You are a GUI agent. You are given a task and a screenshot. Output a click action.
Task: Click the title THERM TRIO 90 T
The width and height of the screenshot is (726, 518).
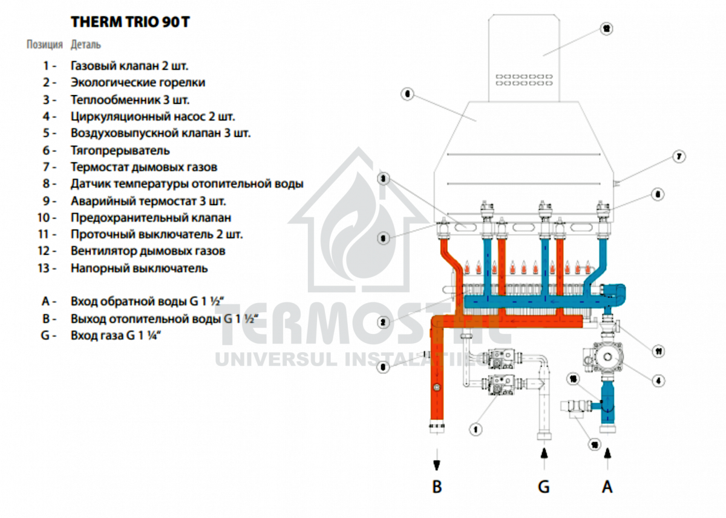[131, 22]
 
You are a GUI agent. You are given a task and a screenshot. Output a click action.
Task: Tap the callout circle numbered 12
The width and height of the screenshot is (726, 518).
[606, 28]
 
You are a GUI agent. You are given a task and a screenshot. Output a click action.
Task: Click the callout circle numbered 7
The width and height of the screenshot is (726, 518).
[679, 157]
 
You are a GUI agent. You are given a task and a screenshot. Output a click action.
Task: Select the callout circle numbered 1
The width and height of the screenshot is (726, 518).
[476, 429]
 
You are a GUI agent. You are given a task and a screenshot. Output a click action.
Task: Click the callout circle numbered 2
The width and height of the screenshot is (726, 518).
[383, 323]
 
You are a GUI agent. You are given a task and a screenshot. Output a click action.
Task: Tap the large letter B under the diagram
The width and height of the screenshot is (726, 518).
[437, 486]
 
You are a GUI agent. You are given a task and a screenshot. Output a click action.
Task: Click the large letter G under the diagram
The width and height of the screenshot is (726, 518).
[544, 486]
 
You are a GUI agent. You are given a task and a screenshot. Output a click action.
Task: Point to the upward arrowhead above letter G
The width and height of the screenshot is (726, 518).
[544, 451]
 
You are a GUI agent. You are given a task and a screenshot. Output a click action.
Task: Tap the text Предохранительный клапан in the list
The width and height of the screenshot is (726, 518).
[151, 217]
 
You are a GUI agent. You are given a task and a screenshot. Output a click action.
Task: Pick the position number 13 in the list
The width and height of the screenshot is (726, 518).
[47, 267]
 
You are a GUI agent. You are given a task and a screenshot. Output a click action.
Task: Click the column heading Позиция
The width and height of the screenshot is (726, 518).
[44, 45]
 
